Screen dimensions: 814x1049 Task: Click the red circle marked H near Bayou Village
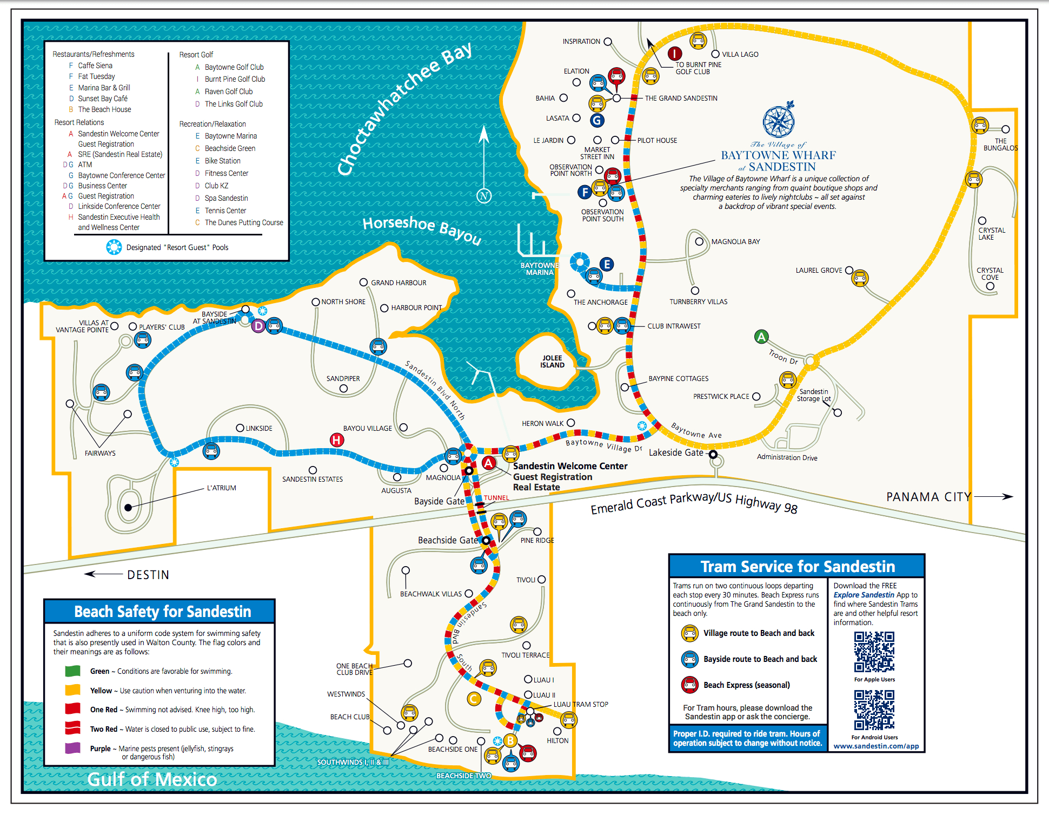[x=337, y=440]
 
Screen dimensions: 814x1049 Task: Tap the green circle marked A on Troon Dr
[x=761, y=337]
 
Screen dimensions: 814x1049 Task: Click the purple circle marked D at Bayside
[x=258, y=326]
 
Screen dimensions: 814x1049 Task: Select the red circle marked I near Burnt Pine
[x=674, y=53]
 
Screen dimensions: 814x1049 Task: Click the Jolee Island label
[x=552, y=362]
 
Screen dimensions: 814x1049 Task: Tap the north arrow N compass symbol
[x=484, y=196]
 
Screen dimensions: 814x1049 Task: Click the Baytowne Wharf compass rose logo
[x=779, y=121]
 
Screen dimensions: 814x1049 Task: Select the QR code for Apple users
[x=874, y=652]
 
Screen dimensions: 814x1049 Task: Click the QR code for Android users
[x=874, y=710]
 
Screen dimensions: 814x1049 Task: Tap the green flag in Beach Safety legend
[x=72, y=671]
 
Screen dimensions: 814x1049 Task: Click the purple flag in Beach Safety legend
[x=72, y=748]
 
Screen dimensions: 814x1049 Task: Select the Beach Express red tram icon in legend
[x=689, y=685]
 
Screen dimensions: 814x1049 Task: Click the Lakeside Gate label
[x=676, y=452]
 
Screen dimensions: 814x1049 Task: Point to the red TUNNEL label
[x=496, y=498]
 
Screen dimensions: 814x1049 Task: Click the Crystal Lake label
[x=991, y=234]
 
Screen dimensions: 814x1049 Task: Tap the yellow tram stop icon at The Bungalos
[x=980, y=126]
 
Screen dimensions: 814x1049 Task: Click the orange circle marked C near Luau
[x=474, y=699]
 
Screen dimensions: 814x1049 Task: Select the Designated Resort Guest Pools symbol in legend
[x=114, y=247]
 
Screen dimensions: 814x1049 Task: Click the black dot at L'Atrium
[x=128, y=508]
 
